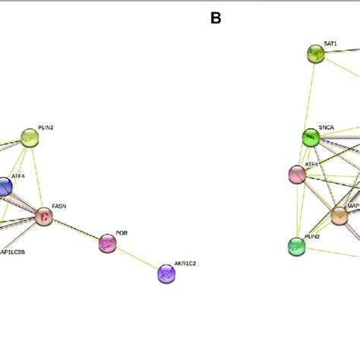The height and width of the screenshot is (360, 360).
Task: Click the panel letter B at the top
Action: coord(216,18)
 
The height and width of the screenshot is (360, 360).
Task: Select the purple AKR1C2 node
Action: coord(166,273)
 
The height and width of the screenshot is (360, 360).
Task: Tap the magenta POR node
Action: coord(108,243)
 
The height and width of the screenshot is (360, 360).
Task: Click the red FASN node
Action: coord(44,216)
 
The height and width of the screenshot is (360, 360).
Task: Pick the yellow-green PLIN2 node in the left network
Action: coord(29,137)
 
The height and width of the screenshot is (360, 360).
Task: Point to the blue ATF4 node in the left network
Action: coord(4,186)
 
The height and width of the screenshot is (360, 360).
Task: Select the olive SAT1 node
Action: coord(315,53)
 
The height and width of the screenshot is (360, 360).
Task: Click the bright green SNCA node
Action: coord(311,137)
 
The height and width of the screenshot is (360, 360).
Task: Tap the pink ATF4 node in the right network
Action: coord(298,174)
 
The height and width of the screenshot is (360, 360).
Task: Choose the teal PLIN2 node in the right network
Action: coord(297,245)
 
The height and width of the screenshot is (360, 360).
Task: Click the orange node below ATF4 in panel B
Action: coord(339,216)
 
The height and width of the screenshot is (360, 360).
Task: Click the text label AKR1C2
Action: coord(185,263)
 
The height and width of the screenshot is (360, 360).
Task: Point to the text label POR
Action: coord(122,233)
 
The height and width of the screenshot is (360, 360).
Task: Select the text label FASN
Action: coord(58,206)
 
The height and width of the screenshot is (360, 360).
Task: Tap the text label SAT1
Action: coord(330,44)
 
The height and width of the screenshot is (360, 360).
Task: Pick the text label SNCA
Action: coord(327,128)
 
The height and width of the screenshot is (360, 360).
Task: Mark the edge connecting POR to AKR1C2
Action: coord(137,258)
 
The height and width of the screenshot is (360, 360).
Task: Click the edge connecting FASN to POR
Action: coord(76,230)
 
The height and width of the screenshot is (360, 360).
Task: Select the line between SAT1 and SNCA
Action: coord(313,95)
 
